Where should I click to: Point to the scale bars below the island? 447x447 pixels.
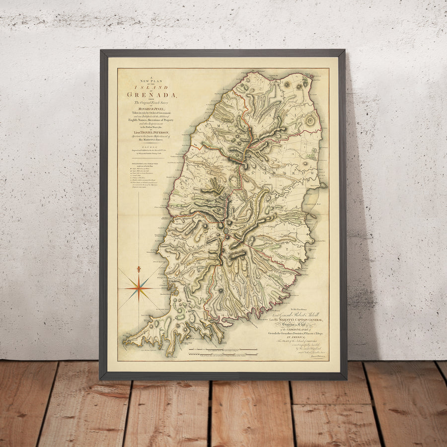click(x=223, y=353)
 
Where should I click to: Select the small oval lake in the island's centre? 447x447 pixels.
click(x=226, y=230)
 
